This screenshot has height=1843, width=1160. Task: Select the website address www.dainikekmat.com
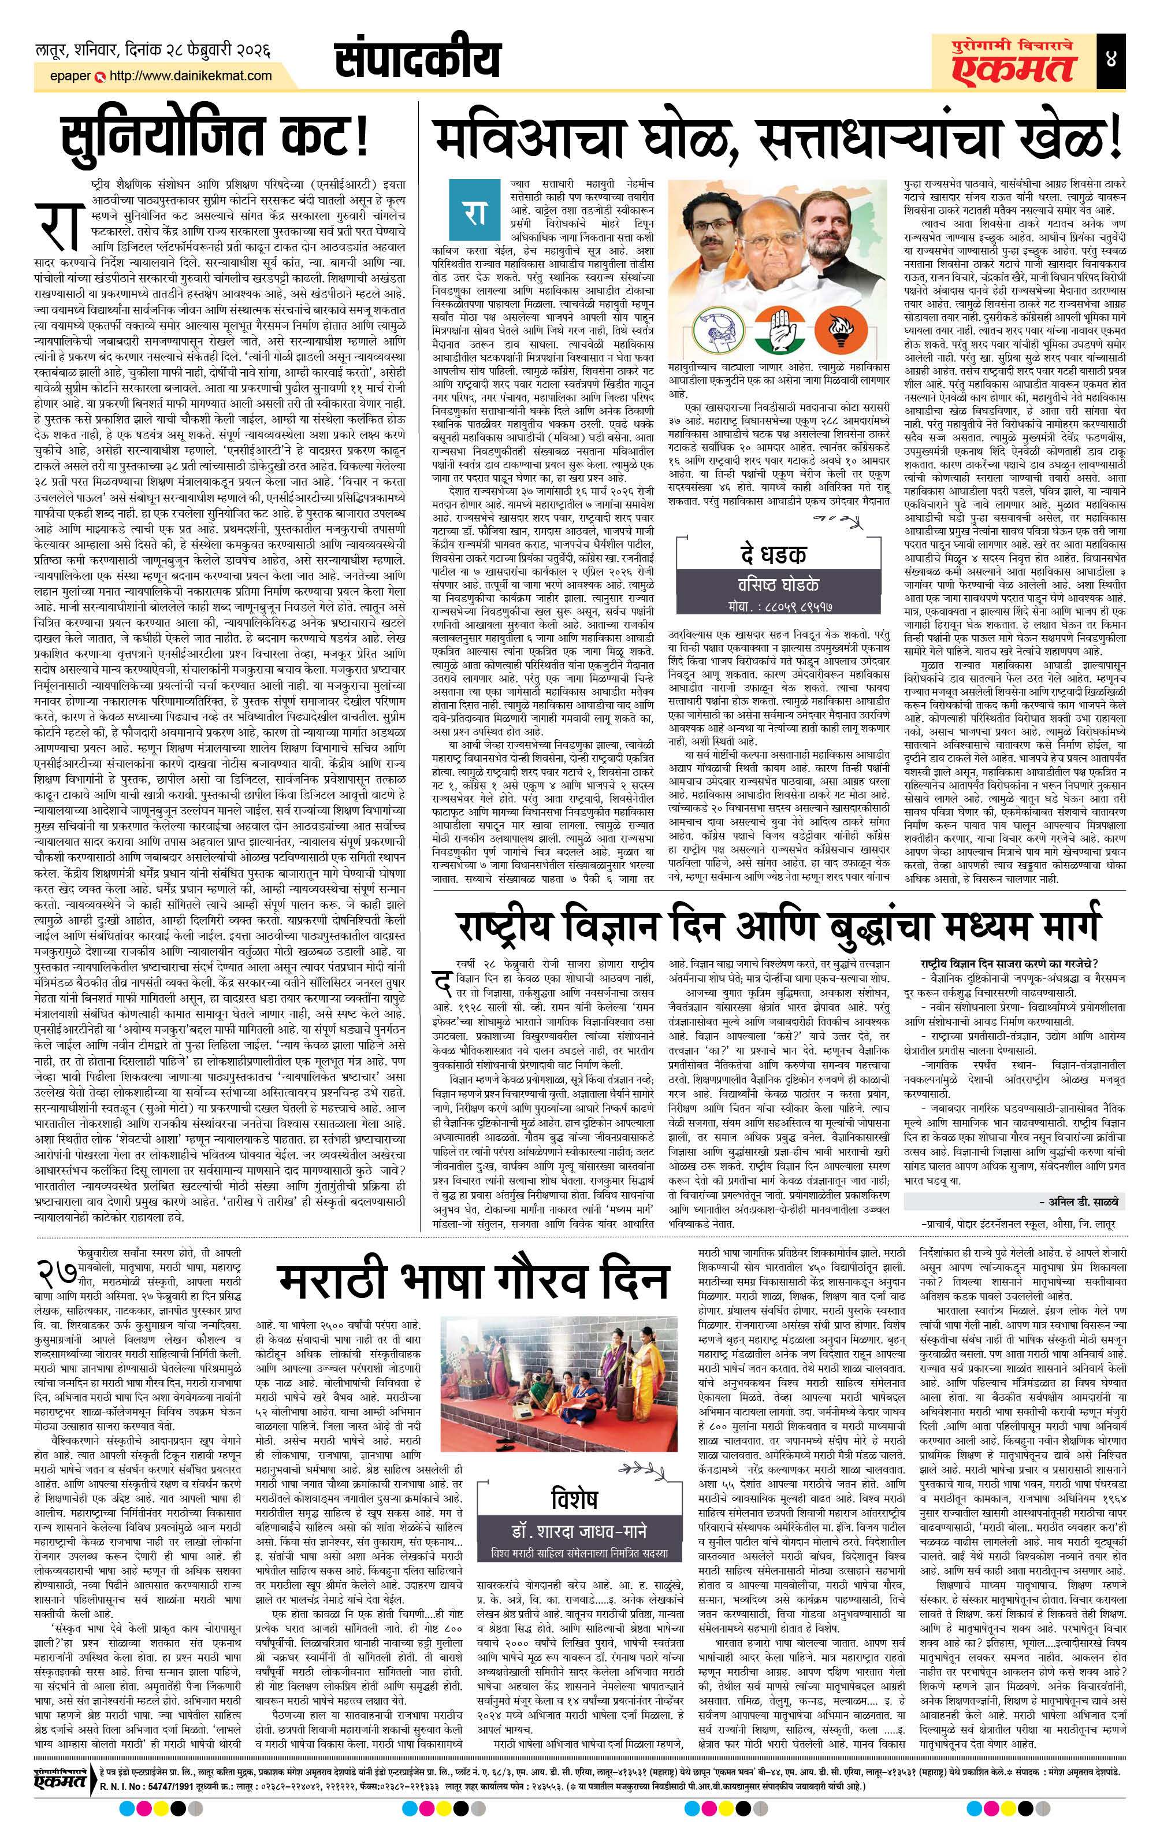click(x=191, y=76)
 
